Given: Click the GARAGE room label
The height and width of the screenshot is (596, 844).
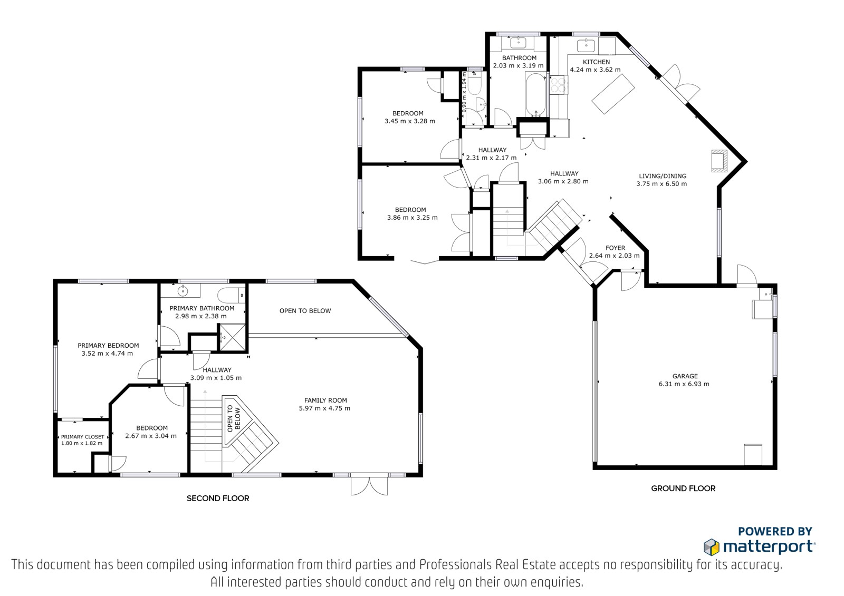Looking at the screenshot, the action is [x=685, y=376].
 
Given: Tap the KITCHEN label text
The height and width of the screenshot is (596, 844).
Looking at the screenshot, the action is [x=596, y=62].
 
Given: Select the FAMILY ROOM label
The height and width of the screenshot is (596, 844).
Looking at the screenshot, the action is [x=325, y=400].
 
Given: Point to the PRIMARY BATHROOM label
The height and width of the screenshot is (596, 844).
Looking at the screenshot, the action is [x=202, y=308].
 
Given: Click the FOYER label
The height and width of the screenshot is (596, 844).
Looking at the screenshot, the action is [x=615, y=248].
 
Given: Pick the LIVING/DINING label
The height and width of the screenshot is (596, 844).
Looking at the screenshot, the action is [x=663, y=176].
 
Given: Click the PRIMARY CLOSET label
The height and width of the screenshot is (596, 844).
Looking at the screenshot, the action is [x=82, y=437].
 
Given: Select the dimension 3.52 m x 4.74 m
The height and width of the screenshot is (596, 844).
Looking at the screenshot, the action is [x=108, y=354].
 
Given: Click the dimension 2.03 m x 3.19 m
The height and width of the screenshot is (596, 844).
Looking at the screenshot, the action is [x=519, y=65].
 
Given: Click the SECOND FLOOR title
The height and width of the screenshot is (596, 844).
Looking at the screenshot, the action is [x=218, y=498].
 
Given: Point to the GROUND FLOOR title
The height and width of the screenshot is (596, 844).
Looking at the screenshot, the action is [x=683, y=488].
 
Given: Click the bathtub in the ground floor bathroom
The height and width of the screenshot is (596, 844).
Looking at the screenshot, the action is [x=535, y=94].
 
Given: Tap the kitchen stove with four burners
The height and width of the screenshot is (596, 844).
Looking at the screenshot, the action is [x=559, y=85].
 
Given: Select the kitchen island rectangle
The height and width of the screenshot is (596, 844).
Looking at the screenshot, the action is [x=613, y=94].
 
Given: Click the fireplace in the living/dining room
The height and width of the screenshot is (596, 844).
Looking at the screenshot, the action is [x=720, y=161].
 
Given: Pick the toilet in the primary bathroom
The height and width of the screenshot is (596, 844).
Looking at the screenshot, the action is [x=231, y=295].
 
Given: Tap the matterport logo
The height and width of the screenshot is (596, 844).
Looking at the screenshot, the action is [x=759, y=546].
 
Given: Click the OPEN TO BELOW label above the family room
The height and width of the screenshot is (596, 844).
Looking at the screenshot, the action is [x=305, y=310].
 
